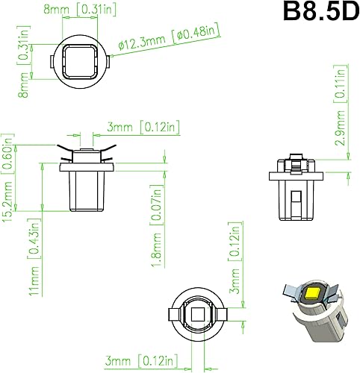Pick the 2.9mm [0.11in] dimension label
pyautogui.click(x=340, y=115)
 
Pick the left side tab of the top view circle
pyautogui.click(x=52, y=60)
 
